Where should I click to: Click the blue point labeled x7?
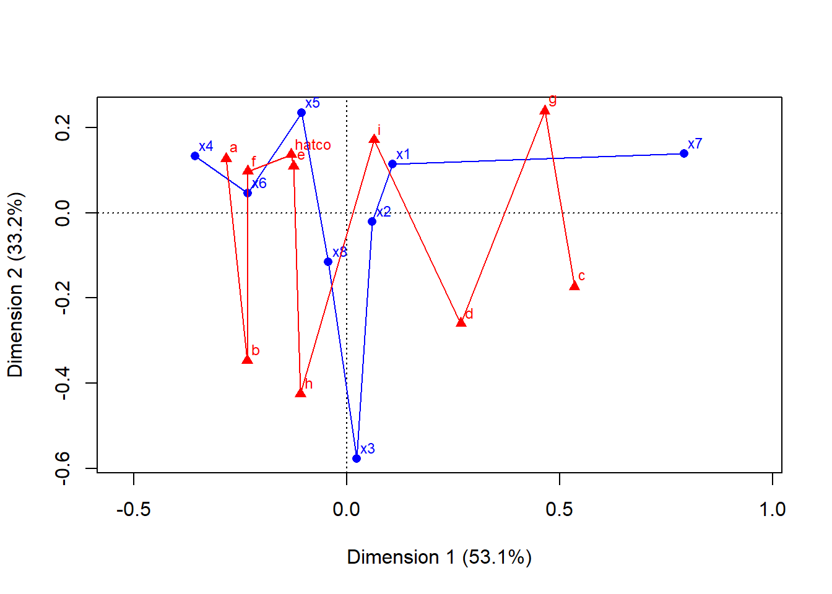[684, 153]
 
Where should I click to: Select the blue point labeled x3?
[357, 458]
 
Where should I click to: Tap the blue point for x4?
[196, 156]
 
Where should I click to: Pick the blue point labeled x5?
[301, 113]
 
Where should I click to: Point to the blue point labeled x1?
[392, 164]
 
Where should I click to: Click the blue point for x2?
[372, 222]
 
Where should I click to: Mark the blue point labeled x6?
[248, 193]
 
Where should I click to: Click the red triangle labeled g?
[545, 111]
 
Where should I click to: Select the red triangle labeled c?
[574, 285]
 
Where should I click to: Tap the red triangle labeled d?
[461, 322]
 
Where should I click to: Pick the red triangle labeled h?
[301, 393]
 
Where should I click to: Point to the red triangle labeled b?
[248, 359]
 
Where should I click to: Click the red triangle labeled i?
[375, 139]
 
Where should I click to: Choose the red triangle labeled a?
[227, 158]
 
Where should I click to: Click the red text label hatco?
[313, 145]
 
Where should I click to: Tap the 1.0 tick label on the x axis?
[772, 509]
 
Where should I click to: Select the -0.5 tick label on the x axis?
[134, 509]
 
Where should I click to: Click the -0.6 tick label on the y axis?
[63, 468]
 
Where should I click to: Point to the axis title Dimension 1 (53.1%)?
[439, 557]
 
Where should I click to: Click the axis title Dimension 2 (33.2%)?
[15, 285]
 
